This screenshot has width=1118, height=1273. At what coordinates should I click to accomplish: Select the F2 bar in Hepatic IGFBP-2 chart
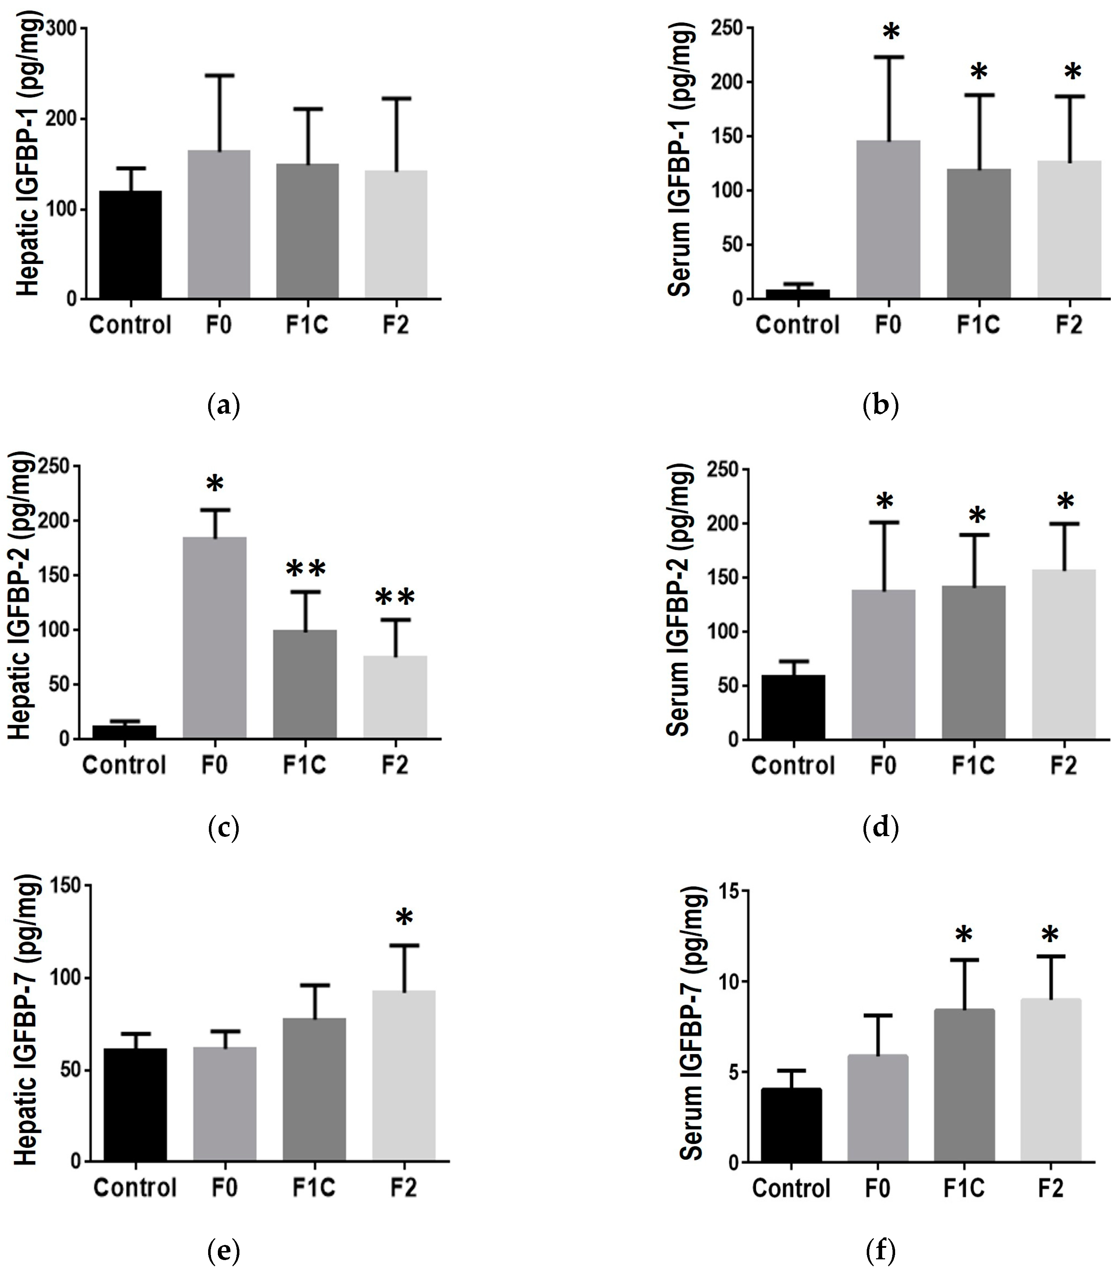coord(395,698)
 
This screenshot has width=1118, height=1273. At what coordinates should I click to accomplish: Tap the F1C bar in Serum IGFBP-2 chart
coord(973,663)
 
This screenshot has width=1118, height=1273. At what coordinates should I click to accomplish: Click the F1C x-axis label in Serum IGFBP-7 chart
coord(964,1188)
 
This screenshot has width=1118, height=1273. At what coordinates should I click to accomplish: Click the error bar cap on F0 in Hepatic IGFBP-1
coord(219,76)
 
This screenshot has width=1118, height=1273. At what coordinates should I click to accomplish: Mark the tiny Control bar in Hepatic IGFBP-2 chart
coord(124,732)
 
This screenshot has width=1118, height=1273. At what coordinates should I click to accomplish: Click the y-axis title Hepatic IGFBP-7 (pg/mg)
coord(26,1021)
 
